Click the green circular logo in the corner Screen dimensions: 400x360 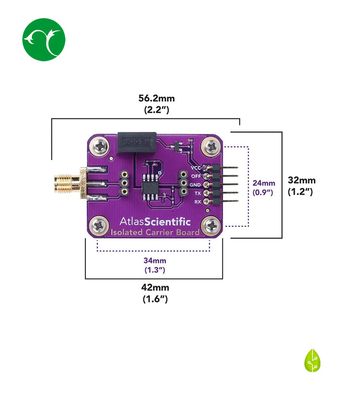tap(44, 40)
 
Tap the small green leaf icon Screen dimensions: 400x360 tap(312, 361)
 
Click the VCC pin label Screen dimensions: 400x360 tap(196, 168)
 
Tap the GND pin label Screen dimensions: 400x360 tap(195, 185)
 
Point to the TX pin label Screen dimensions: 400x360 tap(197, 194)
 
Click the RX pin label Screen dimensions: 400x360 tap(197, 202)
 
